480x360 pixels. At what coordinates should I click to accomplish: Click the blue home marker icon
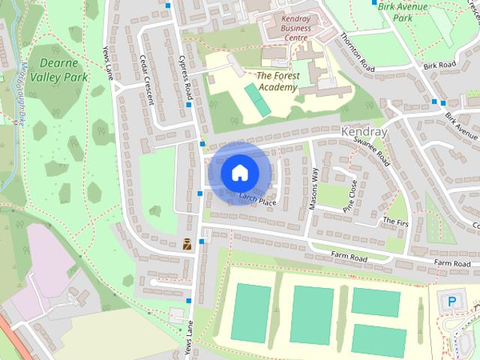[238, 172]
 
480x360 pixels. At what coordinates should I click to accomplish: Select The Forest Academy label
[277, 81]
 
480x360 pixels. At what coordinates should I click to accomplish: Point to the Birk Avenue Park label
[403, 11]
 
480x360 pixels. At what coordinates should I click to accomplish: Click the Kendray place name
[364, 131]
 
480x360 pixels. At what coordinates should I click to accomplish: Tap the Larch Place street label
[258, 199]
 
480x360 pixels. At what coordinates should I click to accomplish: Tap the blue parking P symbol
[451, 301]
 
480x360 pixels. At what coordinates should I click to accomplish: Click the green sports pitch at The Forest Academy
[256, 100]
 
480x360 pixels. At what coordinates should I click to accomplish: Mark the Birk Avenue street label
[460, 126]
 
